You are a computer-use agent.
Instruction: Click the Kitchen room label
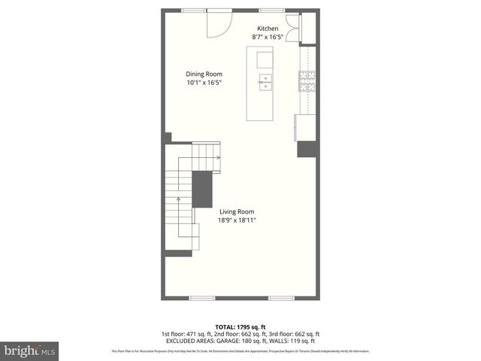click(268, 29)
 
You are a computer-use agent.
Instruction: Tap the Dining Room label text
click(204, 74)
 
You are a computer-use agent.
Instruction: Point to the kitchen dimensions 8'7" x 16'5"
click(268, 37)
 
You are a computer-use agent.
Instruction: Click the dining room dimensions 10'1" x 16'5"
click(204, 83)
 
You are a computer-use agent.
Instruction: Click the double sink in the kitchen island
click(266, 82)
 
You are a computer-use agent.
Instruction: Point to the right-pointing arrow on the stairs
click(216, 158)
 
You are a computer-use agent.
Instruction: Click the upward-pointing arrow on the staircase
click(178, 199)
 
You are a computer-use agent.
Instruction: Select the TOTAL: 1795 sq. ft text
click(240, 327)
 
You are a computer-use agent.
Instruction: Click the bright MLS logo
click(29, 350)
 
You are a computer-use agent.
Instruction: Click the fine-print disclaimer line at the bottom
click(240, 351)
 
